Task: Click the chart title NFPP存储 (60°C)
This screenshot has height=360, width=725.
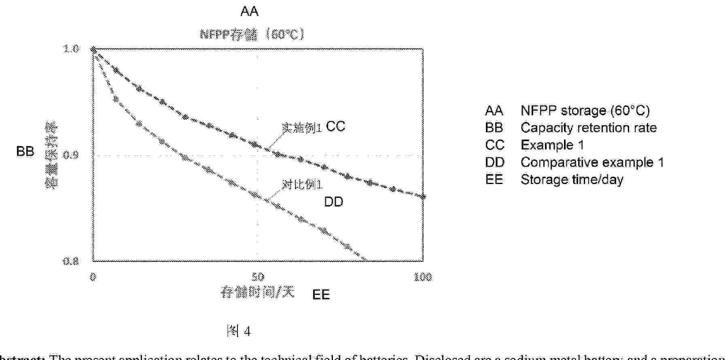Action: (252, 34)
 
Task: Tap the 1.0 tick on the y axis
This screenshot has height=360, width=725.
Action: (71, 49)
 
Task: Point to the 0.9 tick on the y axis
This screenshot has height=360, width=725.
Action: (71, 155)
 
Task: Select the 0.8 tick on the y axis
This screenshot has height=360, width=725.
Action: (71, 261)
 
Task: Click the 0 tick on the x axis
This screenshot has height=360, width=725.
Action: (93, 277)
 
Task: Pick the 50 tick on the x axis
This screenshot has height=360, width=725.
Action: (258, 277)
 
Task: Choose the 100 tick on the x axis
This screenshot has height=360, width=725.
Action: (423, 277)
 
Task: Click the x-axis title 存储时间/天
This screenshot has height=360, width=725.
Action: (258, 292)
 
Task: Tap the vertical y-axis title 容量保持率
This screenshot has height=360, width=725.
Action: (51, 156)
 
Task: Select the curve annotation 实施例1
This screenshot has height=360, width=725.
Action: (302, 128)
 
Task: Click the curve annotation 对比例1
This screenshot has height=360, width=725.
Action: (302, 185)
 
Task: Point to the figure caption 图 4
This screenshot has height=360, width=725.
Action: (239, 332)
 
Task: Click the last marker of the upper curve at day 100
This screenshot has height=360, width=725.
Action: (423, 197)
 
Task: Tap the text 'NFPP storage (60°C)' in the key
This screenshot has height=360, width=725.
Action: (585, 110)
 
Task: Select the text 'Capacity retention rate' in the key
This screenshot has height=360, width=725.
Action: (588, 128)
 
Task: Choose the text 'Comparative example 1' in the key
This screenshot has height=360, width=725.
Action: (592, 162)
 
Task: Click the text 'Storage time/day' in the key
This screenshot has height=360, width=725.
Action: (572, 180)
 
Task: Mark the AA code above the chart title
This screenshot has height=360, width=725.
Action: (249, 11)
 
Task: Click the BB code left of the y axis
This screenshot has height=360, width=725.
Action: (25, 151)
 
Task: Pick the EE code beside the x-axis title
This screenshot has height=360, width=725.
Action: (321, 294)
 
